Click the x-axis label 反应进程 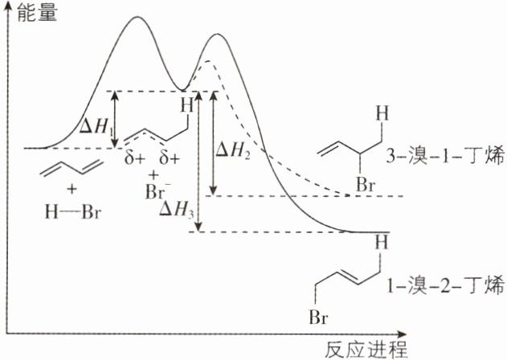366,349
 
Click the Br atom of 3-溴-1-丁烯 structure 367,185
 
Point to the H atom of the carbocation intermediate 186,105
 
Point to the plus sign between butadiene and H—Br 72,190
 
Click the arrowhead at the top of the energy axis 7,6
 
